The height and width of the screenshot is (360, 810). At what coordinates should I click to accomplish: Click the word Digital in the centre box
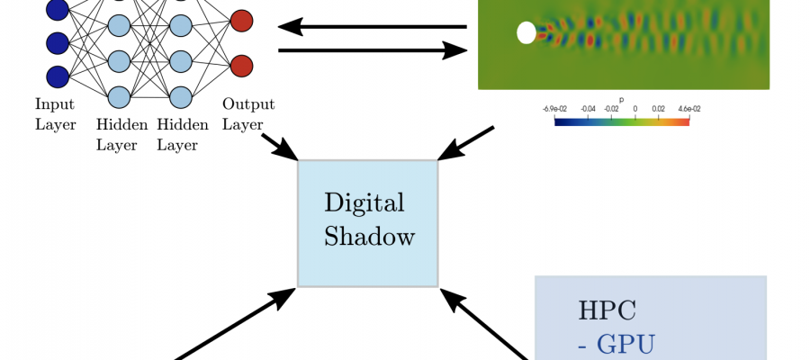[364, 202]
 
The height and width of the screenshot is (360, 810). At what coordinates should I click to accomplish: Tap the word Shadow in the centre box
[370, 238]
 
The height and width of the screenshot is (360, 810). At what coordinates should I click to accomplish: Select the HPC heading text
[607, 311]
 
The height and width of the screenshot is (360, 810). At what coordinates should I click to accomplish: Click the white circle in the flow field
[526, 33]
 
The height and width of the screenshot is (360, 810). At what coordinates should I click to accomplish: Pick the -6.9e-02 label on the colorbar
[554, 109]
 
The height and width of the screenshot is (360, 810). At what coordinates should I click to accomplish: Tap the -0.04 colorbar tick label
[587, 109]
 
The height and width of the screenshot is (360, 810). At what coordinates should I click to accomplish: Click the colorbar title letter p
[621, 100]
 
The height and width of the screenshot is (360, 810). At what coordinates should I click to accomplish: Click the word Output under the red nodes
[248, 105]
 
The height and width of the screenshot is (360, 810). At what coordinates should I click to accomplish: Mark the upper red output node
[241, 20]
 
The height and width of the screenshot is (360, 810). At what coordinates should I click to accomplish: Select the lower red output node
[241, 66]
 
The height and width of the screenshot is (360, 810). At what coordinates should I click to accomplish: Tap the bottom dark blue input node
[57, 76]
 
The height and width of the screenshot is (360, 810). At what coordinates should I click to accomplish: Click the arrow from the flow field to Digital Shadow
[466, 143]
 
